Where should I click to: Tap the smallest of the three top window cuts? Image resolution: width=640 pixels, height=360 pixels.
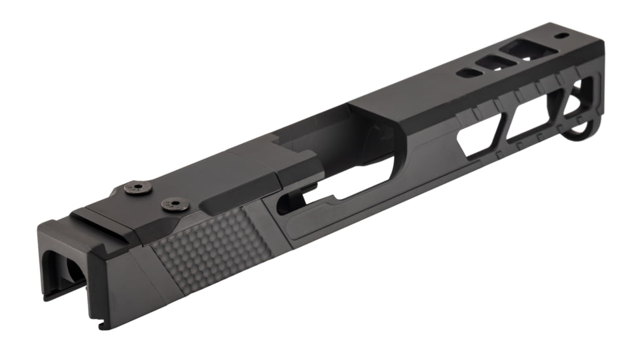pos(469,73)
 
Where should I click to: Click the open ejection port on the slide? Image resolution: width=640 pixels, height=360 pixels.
pos(327,151)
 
